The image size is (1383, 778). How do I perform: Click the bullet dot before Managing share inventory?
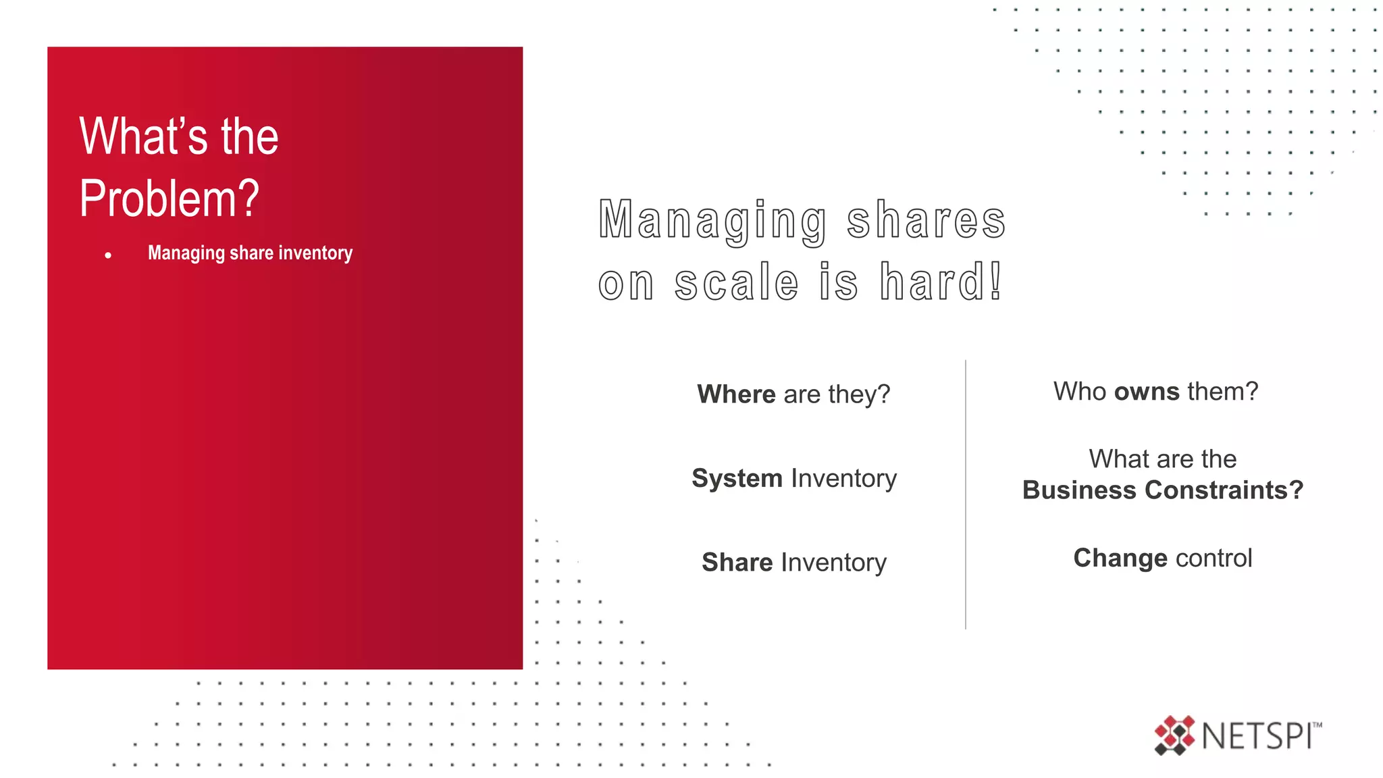coord(108,255)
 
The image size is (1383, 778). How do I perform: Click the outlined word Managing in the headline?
coord(713,221)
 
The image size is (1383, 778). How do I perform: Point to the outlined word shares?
coord(927,221)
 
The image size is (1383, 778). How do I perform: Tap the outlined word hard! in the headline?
coord(941,282)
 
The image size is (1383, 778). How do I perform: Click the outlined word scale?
coord(737,282)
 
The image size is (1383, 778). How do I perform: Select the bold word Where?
coord(736,394)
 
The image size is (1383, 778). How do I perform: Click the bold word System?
coord(737,478)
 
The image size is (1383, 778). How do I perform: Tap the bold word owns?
coord(1147,391)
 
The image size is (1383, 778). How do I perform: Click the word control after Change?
coord(1214,558)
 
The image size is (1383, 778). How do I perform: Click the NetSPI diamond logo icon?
coord(1174,735)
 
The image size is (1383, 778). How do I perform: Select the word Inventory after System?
coord(843,478)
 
